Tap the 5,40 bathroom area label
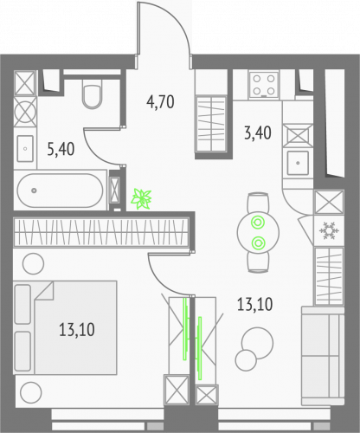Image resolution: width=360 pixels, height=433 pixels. click(60, 148)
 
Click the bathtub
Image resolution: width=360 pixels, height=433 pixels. click(60, 187)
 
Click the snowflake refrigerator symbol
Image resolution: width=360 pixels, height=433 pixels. click(329, 232)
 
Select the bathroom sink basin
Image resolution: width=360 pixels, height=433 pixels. click(24, 146)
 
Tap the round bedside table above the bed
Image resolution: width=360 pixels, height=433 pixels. click(32, 263)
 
